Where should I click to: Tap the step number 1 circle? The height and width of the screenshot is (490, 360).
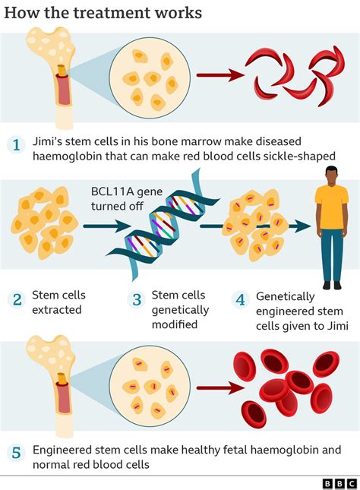pyautogui.click(x=17, y=144)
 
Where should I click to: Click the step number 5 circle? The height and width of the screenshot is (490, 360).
pyautogui.click(x=17, y=454)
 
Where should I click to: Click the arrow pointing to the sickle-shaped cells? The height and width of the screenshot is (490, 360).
pyautogui.click(x=220, y=75)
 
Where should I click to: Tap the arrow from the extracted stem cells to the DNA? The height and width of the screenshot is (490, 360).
pyautogui.click(x=103, y=226)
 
